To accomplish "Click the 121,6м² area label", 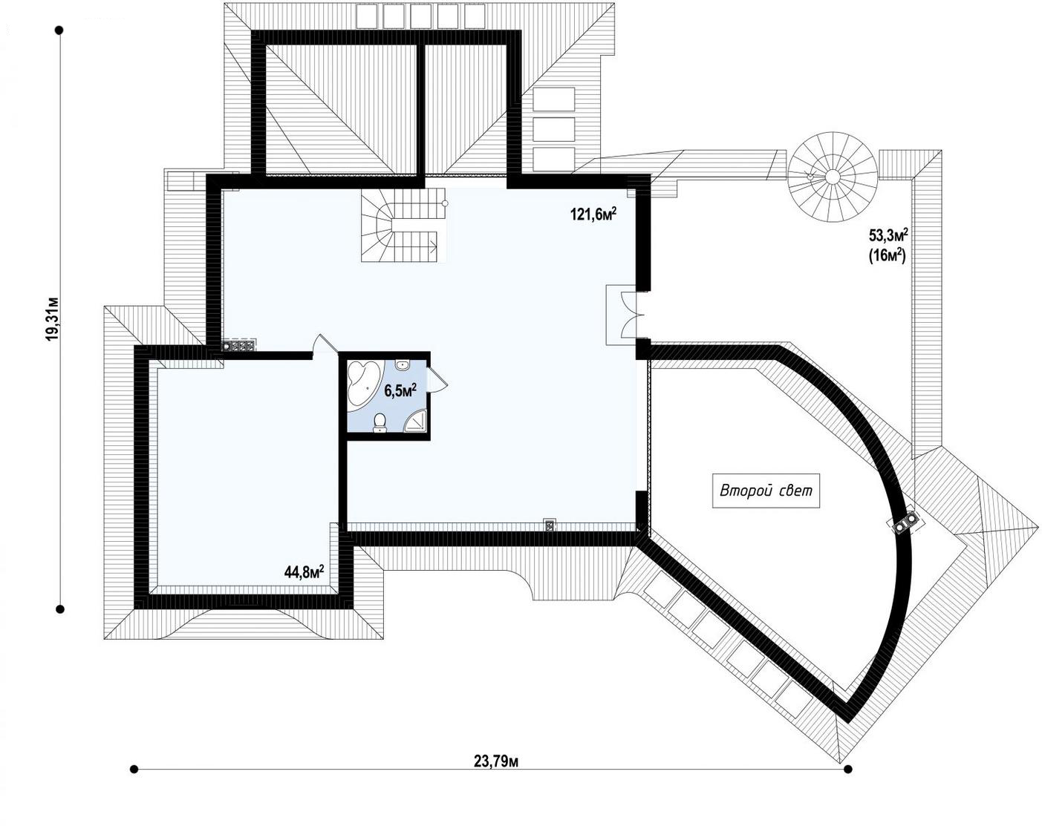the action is coord(594,214).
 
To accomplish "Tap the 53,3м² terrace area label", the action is coord(888,236).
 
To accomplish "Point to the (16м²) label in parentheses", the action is coord(888,255).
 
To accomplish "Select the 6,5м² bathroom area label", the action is coord(400,391).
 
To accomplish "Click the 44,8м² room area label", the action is coord(304,572).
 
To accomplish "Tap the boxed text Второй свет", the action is coord(766,491).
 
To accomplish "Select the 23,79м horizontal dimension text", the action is coord(495,761).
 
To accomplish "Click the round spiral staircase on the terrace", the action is coord(832,177).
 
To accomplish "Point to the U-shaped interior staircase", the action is coord(403,225).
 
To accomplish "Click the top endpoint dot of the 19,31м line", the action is coord(59,30).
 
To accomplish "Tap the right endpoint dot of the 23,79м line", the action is coord(847,768).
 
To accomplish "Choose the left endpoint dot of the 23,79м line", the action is coord(134,768).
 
